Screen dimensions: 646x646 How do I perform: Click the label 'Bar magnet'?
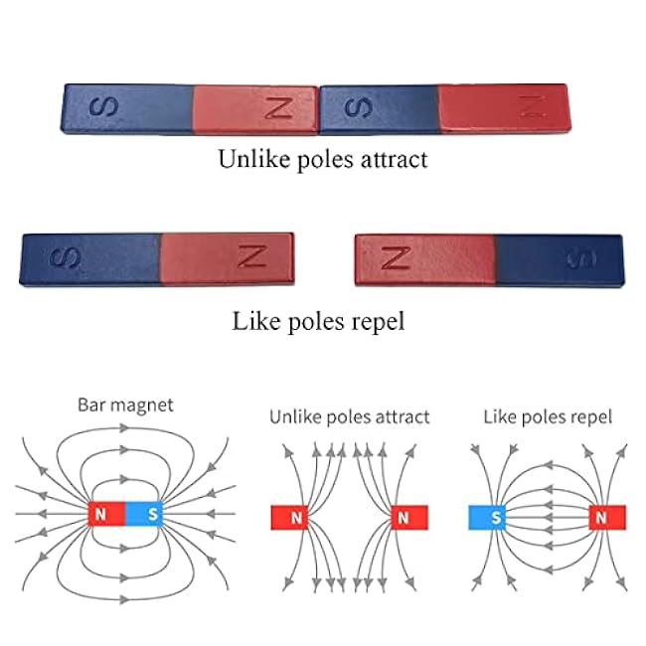(125, 405)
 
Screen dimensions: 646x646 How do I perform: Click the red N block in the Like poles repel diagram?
(601, 517)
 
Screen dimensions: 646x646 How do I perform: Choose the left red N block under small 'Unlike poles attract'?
(295, 517)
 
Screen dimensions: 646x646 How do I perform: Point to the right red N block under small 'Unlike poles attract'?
(403, 517)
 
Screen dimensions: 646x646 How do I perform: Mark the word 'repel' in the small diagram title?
(591, 416)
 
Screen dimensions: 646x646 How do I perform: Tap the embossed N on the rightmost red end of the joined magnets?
(535, 104)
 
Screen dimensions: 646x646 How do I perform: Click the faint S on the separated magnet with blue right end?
(579, 258)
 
